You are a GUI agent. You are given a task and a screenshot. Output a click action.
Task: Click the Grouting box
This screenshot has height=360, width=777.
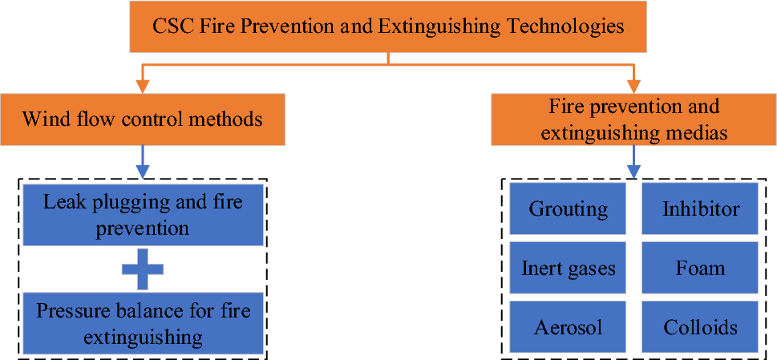click(568, 209)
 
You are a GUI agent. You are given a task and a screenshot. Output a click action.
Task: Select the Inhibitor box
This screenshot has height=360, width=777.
click(700, 209)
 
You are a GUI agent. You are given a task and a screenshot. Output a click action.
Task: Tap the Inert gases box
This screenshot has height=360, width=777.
click(568, 269)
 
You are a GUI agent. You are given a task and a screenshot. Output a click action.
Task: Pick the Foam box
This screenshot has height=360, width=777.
click(700, 269)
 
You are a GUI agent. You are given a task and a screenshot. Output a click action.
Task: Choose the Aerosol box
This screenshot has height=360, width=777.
click(568, 327)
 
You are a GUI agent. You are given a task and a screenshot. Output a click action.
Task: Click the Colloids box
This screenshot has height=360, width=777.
click(700, 327)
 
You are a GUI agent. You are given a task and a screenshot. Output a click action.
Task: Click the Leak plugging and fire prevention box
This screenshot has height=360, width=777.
click(144, 214)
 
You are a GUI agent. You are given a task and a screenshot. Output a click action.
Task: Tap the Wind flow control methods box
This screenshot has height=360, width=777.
click(142, 120)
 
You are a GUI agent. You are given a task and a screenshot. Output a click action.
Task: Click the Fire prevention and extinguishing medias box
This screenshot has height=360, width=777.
click(633, 120)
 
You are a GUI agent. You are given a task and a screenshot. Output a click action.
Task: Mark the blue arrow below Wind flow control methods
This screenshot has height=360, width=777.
click(142, 161)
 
